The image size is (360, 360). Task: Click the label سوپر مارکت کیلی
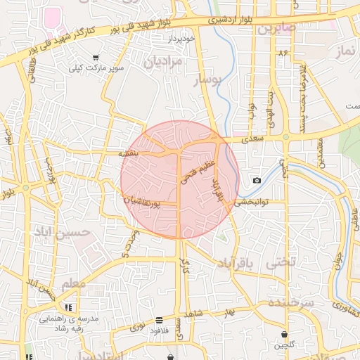pos(95,69)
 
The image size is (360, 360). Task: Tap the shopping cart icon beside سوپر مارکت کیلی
pos(96,58)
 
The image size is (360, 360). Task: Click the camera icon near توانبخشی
pos(257,181)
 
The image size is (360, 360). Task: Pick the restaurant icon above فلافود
pos(159,320)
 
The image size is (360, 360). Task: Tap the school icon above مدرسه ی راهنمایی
pos(68,307)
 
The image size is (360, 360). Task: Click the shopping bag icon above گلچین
pos(284,334)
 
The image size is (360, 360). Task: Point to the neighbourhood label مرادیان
pos(162,63)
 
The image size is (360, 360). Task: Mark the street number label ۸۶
pos(284,53)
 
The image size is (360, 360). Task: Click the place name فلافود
pos(160,331)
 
